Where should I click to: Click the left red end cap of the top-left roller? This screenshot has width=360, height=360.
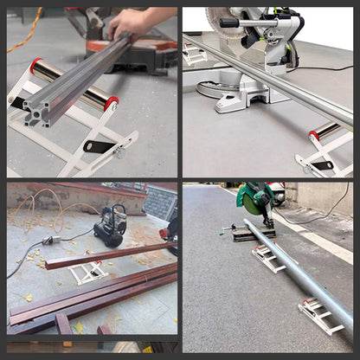[35, 66]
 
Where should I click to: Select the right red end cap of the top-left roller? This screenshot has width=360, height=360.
[112, 103]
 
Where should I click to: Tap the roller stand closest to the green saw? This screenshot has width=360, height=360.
[267, 259]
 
